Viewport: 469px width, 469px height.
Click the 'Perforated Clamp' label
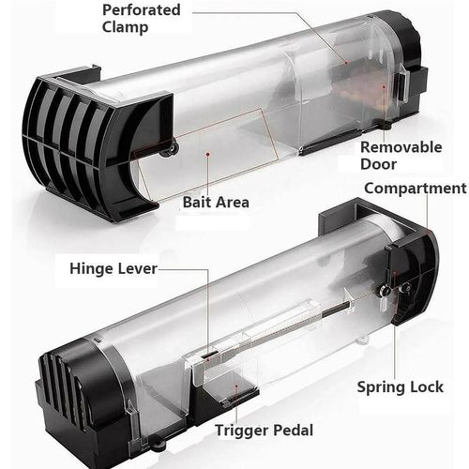[x=142, y=19]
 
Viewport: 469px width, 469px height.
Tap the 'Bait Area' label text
[x=216, y=202]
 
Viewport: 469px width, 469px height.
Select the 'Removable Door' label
[x=401, y=156]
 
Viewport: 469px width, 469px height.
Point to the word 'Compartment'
[x=416, y=189]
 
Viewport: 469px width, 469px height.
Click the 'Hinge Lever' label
[x=113, y=269]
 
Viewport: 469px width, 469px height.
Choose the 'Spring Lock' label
[x=401, y=387]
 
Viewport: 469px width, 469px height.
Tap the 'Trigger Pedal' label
[x=265, y=431]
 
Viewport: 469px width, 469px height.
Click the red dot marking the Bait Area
[x=207, y=154]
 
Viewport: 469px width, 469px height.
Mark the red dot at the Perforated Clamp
[x=346, y=63]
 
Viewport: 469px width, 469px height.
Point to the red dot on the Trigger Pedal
[x=236, y=386]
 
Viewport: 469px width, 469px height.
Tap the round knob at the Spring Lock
[x=383, y=290]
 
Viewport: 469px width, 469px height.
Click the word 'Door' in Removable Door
[x=378, y=164]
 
